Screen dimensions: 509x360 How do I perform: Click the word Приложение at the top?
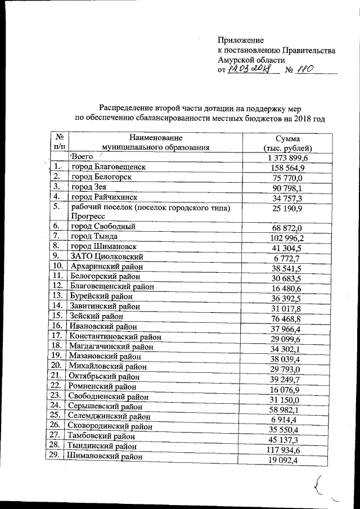tap(241, 40)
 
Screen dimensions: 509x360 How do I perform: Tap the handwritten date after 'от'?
tap(249, 70)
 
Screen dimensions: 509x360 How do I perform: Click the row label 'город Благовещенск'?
tap(108, 168)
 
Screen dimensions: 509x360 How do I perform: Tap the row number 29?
tap(55, 456)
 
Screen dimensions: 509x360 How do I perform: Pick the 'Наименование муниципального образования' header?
tap(155, 142)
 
